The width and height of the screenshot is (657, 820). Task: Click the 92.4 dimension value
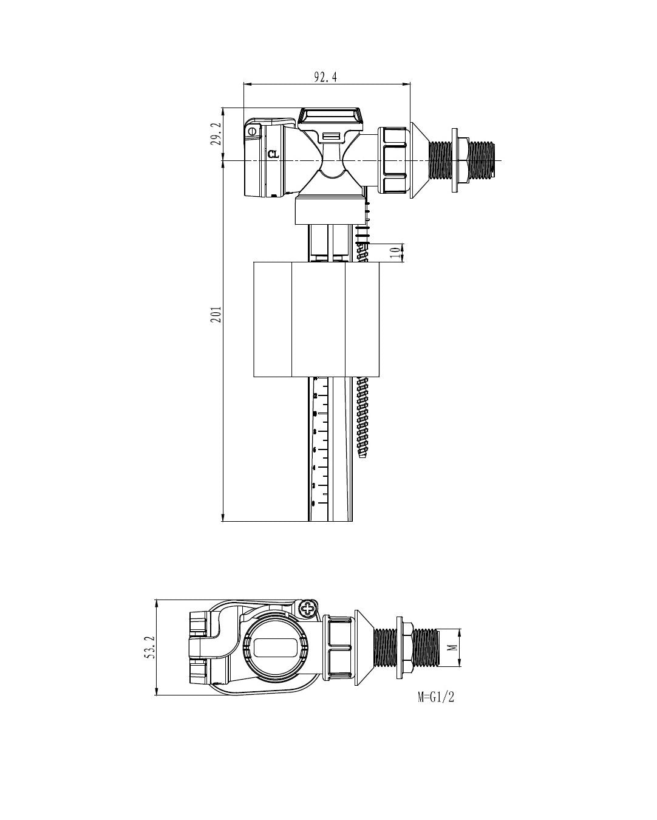[x=325, y=77]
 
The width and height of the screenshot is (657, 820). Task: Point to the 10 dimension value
[x=395, y=252]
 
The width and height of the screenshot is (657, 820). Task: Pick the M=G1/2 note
[x=436, y=697]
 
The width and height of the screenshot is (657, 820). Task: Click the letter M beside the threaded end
[x=452, y=647]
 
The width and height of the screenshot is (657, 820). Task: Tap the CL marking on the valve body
[x=274, y=154]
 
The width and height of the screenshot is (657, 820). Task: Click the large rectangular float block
[x=316, y=319]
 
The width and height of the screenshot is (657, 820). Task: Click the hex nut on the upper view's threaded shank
[x=461, y=160]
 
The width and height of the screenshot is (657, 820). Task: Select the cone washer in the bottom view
[x=361, y=647]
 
